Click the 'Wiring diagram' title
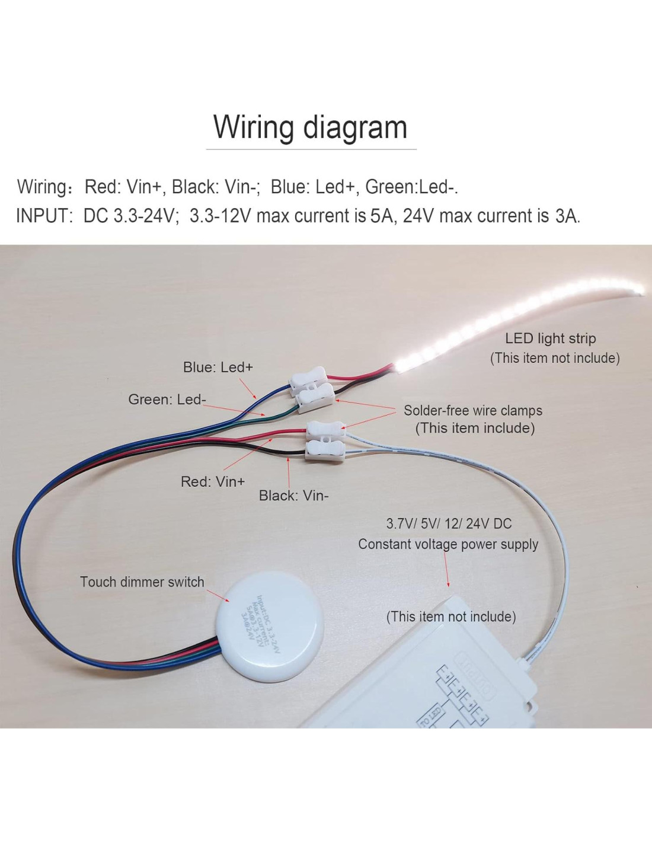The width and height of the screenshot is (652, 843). point(310,127)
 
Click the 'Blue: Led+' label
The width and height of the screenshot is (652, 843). point(218,367)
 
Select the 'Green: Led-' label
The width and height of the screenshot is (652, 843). point(167,400)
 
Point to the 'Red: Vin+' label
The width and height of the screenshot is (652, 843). point(212,481)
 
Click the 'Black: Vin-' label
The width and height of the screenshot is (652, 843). point(293,496)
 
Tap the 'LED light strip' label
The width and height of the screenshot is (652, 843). point(550,339)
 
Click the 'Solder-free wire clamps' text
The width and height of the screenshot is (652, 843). point(472,410)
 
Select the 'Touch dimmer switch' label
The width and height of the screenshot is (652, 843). point(142,582)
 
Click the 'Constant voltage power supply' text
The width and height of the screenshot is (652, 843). point(448,544)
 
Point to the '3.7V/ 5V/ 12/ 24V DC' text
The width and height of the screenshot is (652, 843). point(449,523)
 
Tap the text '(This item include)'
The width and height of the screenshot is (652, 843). point(475,428)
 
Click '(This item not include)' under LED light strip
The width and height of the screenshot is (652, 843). point(555,358)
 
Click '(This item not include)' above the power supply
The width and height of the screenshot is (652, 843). point(450,617)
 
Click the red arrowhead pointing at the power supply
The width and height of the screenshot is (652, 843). point(448,584)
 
